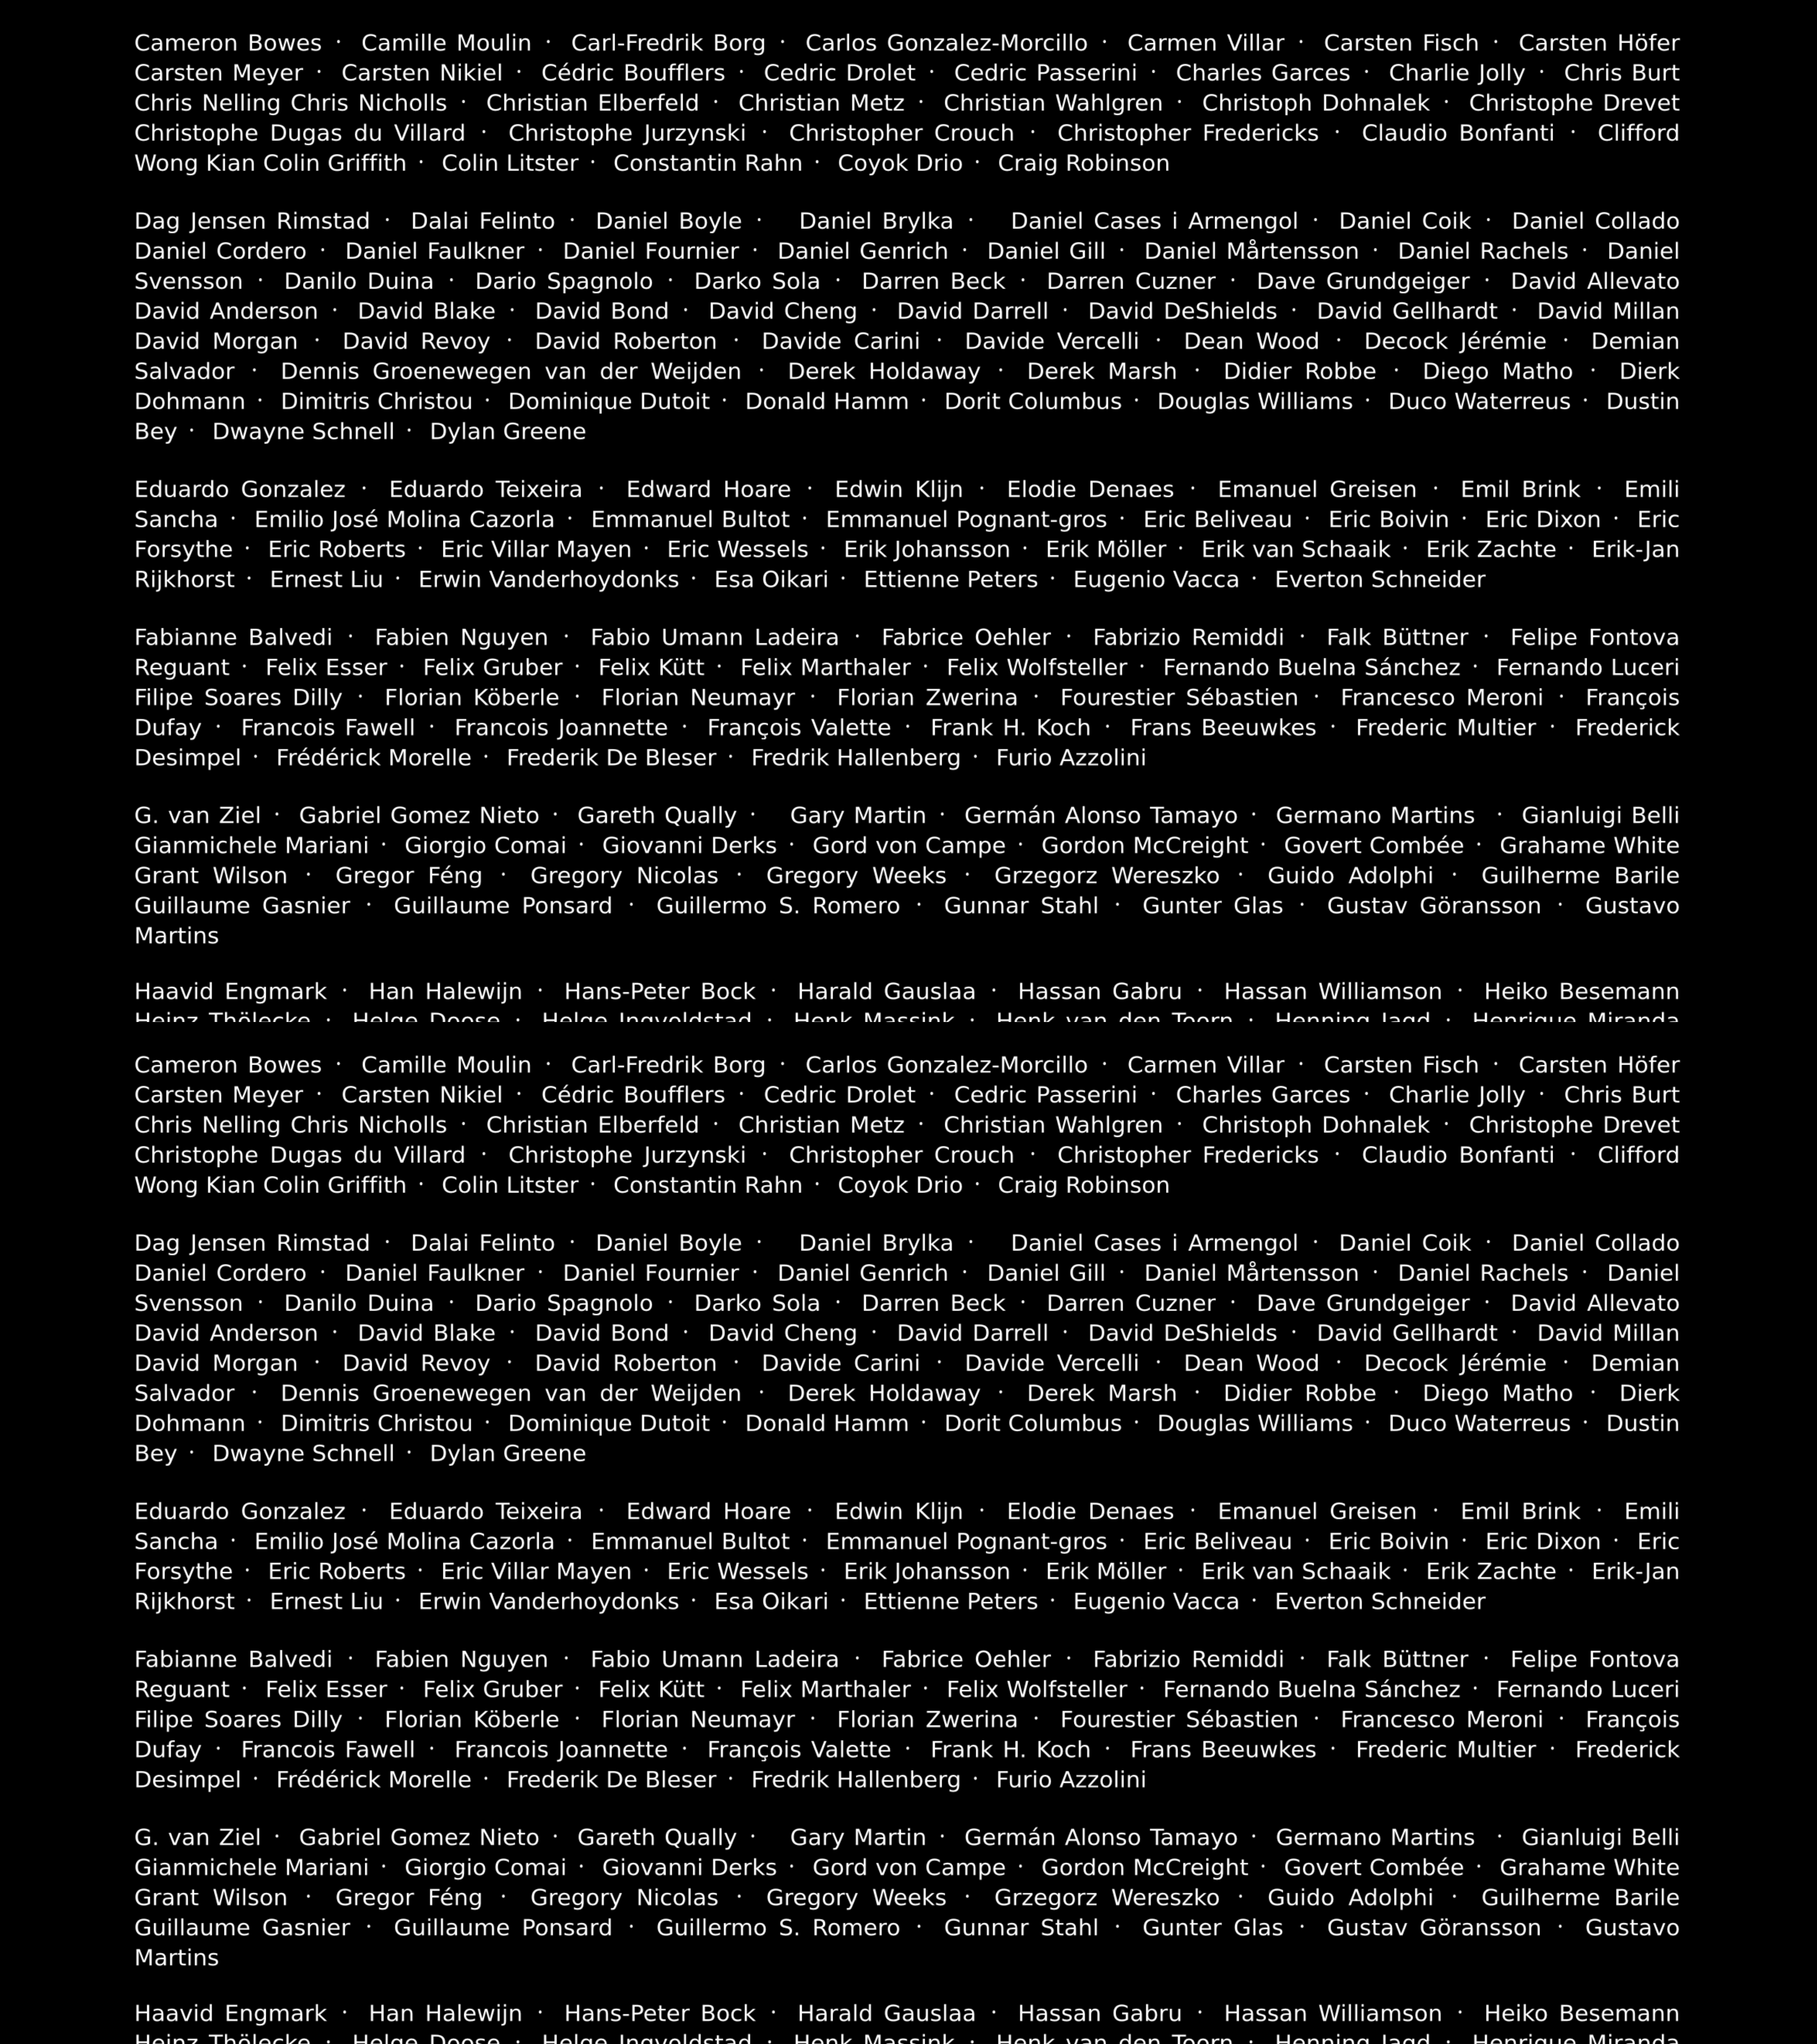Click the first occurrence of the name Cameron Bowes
(x=228, y=43)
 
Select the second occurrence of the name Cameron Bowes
(x=228, y=1065)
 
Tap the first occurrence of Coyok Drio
(x=900, y=163)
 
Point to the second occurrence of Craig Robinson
(x=1083, y=1185)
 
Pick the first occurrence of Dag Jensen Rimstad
(x=252, y=221)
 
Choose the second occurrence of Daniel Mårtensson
(x=1251, y=1273)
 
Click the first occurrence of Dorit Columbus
(x=1033, y=401)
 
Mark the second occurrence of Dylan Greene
(x=508, y=1453)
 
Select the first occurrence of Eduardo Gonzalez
(x=240, y=489)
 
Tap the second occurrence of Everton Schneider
(x=1380, y=1601)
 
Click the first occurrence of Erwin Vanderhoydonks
(x=548, y=579)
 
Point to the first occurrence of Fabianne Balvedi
(x=233, y=637)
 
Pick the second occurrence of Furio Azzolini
(x=1071, y=1779)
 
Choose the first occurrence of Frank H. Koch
(x=1010, y=727)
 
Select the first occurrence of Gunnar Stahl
(x=1021, y=905)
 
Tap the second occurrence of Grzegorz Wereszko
(x=1107, y=1897)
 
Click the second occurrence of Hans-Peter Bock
(x=660, y=2013)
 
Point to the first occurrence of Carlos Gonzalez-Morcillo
(x=946, y=43)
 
